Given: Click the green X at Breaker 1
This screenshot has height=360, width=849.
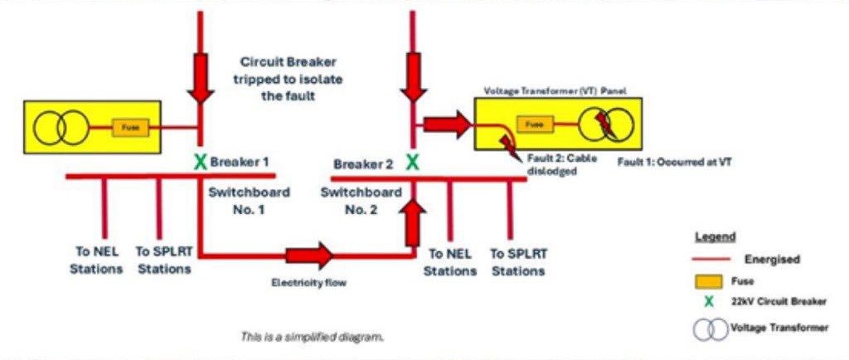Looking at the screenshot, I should (199, 161).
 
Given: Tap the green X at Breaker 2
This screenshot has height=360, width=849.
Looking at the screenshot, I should (412, 162).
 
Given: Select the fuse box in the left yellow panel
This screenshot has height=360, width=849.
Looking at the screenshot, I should (131, 128).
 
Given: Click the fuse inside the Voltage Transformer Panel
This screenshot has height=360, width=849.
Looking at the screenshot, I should (535, 124).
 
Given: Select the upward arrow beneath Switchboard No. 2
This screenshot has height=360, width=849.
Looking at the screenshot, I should (412, 224).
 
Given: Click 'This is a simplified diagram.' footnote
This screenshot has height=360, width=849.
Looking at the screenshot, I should (312, 337).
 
